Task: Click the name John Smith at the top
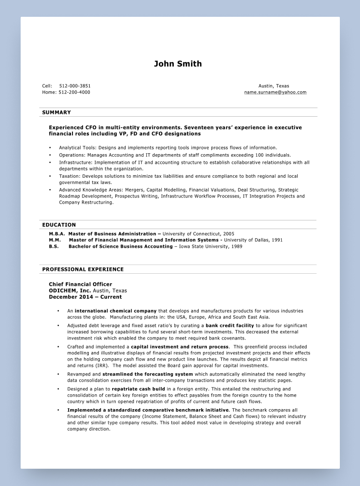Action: click(178, 64)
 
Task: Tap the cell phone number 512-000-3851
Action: click(75, 86)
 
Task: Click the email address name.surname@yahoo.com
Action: click(275, 92)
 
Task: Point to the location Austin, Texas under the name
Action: click(274, 86)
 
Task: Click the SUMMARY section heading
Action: click(57, 112)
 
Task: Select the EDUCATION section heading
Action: click(59, 225)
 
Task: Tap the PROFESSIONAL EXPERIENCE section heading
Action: click(83, 269)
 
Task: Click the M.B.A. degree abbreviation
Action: click(57, 234)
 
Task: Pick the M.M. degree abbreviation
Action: click(55, 240)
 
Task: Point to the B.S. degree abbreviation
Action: click(54, 246)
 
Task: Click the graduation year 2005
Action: click(228, 234)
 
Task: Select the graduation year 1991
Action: click(277, 240)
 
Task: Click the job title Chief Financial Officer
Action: click(80, 284)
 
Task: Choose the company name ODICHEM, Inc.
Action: click(70, 291)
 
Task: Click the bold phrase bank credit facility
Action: click(229, 326)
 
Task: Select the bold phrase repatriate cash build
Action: click(138, 389)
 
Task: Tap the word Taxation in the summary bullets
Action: click(69, 176)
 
